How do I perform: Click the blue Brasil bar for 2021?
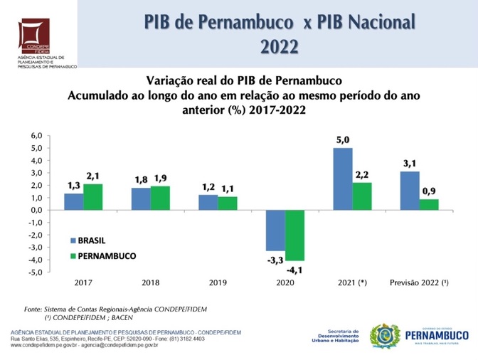tap(343, 179)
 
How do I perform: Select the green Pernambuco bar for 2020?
tap(294, 235)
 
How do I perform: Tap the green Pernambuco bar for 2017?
tap(92, 196)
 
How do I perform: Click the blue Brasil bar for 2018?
tap(141, 198)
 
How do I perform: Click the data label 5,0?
tap(343, 140)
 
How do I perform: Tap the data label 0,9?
tap(428, 191)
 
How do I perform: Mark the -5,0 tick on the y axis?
tap(36, 272)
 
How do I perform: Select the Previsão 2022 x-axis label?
tap(418, 283)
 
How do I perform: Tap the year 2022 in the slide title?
tap(280, 47)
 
